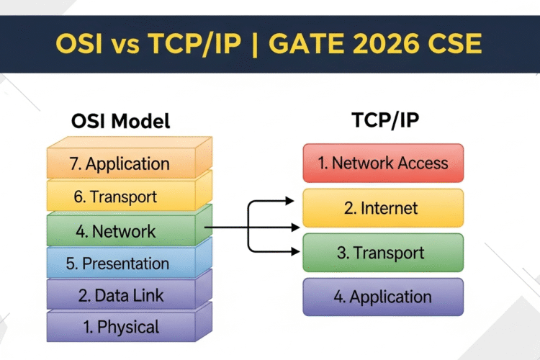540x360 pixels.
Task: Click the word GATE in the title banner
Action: (x=306, y=44)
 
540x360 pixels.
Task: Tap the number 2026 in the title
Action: (x=385, y=44)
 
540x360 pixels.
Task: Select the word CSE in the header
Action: (x=454, y=44)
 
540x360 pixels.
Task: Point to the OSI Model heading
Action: (x=120, y=121)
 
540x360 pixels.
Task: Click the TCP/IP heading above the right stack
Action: (x=385, y=120)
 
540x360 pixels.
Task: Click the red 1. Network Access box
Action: (x=383, y=163)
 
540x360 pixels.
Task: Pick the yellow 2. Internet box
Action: (x=383, y=208)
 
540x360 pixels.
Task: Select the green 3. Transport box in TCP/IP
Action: (x=383, y=253)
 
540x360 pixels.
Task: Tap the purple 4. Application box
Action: (x=383, y=297)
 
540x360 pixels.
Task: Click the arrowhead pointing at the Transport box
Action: (x=295, y=252)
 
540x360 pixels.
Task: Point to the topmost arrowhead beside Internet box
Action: (x=289, y=200)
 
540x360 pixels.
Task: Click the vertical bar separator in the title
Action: (x=255, y=45)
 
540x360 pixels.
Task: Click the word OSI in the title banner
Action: (x=79, y=44)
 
